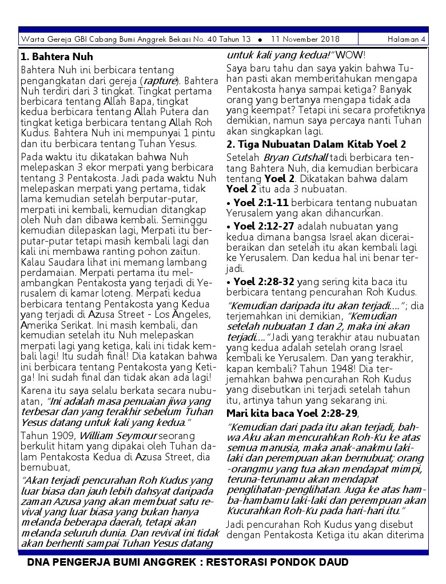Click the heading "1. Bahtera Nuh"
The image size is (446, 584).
[57, 57]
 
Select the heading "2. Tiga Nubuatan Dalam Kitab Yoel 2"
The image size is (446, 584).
[316, 144]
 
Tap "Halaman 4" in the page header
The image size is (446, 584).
[406, 40]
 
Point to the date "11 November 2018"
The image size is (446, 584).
[305, 40]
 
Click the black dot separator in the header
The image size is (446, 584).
[260, 40]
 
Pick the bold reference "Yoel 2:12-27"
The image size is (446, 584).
[264, 226]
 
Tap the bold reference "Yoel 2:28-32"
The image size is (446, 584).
[264, 282]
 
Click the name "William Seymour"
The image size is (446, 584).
[111, 435]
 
